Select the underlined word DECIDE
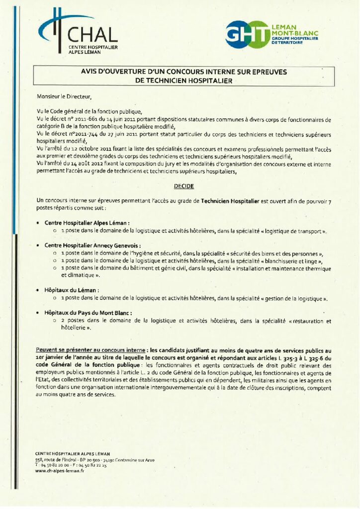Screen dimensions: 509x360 point(183,185)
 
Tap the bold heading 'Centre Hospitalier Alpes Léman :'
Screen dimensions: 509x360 point(87,223)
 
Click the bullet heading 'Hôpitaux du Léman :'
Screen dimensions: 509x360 point(72,290)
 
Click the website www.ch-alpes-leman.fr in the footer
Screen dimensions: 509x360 point(60,471)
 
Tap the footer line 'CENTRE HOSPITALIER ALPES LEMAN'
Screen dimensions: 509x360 point(73,454)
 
